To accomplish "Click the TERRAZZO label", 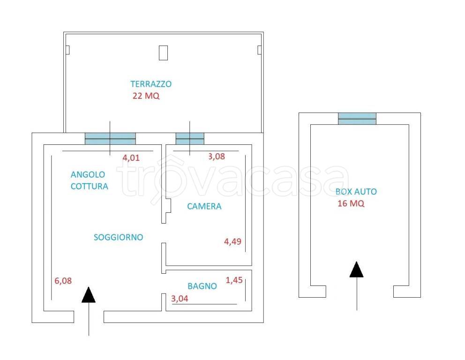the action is [x=151, y=84].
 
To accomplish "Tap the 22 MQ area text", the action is [x=146, y=96].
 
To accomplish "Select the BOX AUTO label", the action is [x=356, y=192].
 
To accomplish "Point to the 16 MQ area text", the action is [x=351, y=203].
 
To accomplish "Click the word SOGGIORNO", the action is [x=118, y=237].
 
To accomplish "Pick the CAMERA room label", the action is [x=204, y=206].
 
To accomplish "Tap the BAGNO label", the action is [x=202, y=286].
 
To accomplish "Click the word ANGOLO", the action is [x=88, y=174].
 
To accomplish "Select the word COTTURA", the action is [x=89, y=186].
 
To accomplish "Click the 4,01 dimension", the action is [x=131, y=158].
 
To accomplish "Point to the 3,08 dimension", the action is [x=217, y=156].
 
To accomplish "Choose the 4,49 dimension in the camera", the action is [x=232, y=242].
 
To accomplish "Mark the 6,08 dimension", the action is [x=63, y=281].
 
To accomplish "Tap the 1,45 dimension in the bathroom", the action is [x=234, y=280].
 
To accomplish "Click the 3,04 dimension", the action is [x=180, y=299].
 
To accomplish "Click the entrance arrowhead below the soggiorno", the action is [x=89, y=295].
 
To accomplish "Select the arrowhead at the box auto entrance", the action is [x=356, y=270].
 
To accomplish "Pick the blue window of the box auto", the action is [x=357, y=119].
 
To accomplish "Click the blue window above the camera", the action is [x=190, y=139].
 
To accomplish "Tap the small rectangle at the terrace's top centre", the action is [x=164, y=53].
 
